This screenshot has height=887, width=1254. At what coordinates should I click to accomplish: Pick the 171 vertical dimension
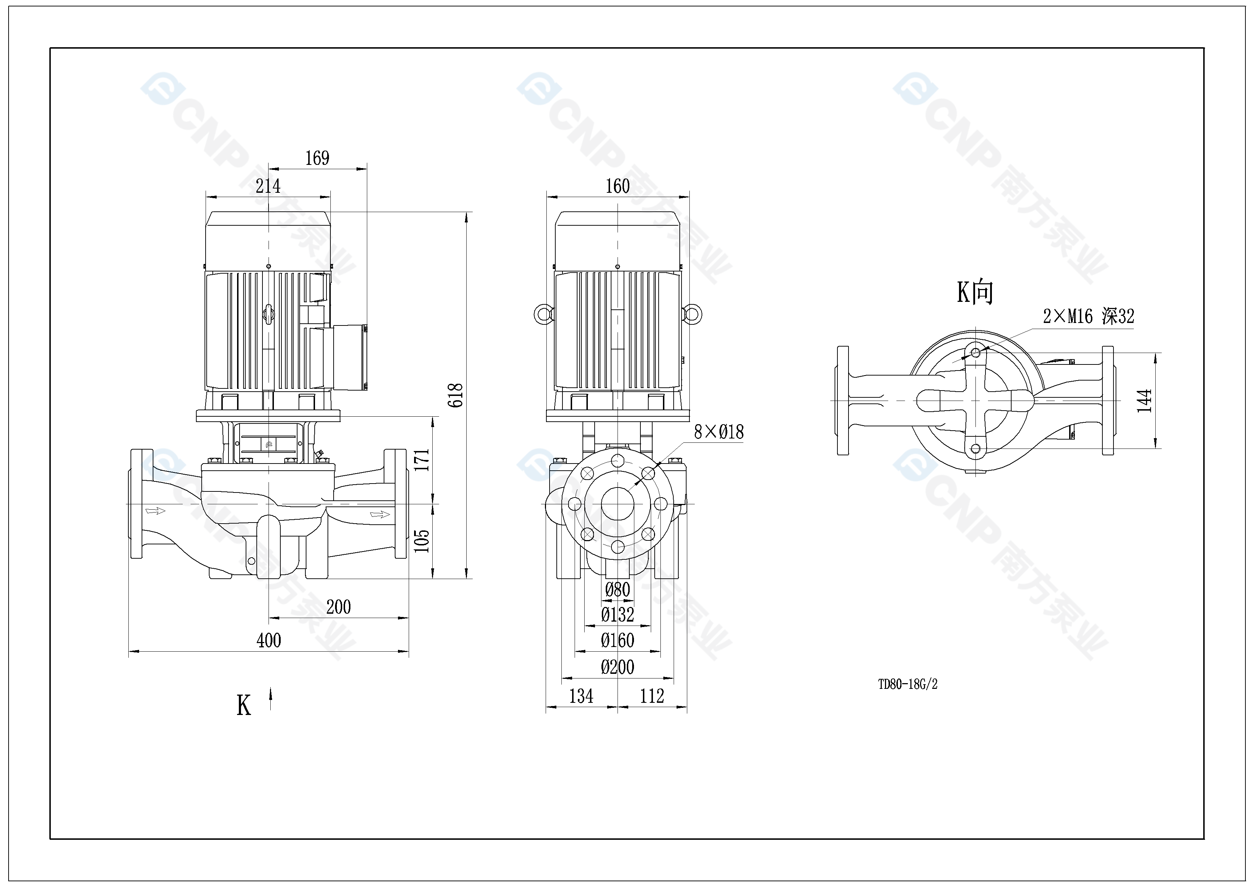point(422,460)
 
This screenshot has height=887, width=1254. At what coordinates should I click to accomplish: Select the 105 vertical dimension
point(422,541)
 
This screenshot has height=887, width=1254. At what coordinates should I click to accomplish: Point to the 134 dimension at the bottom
point(581,696)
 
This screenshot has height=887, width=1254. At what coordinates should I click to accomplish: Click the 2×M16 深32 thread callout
point(1088,316)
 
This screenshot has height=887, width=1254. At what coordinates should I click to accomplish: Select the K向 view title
point(974,292)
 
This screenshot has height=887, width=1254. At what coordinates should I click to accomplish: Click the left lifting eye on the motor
point(543,314)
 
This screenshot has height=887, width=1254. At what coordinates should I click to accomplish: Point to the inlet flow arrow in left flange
point(155,511)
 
